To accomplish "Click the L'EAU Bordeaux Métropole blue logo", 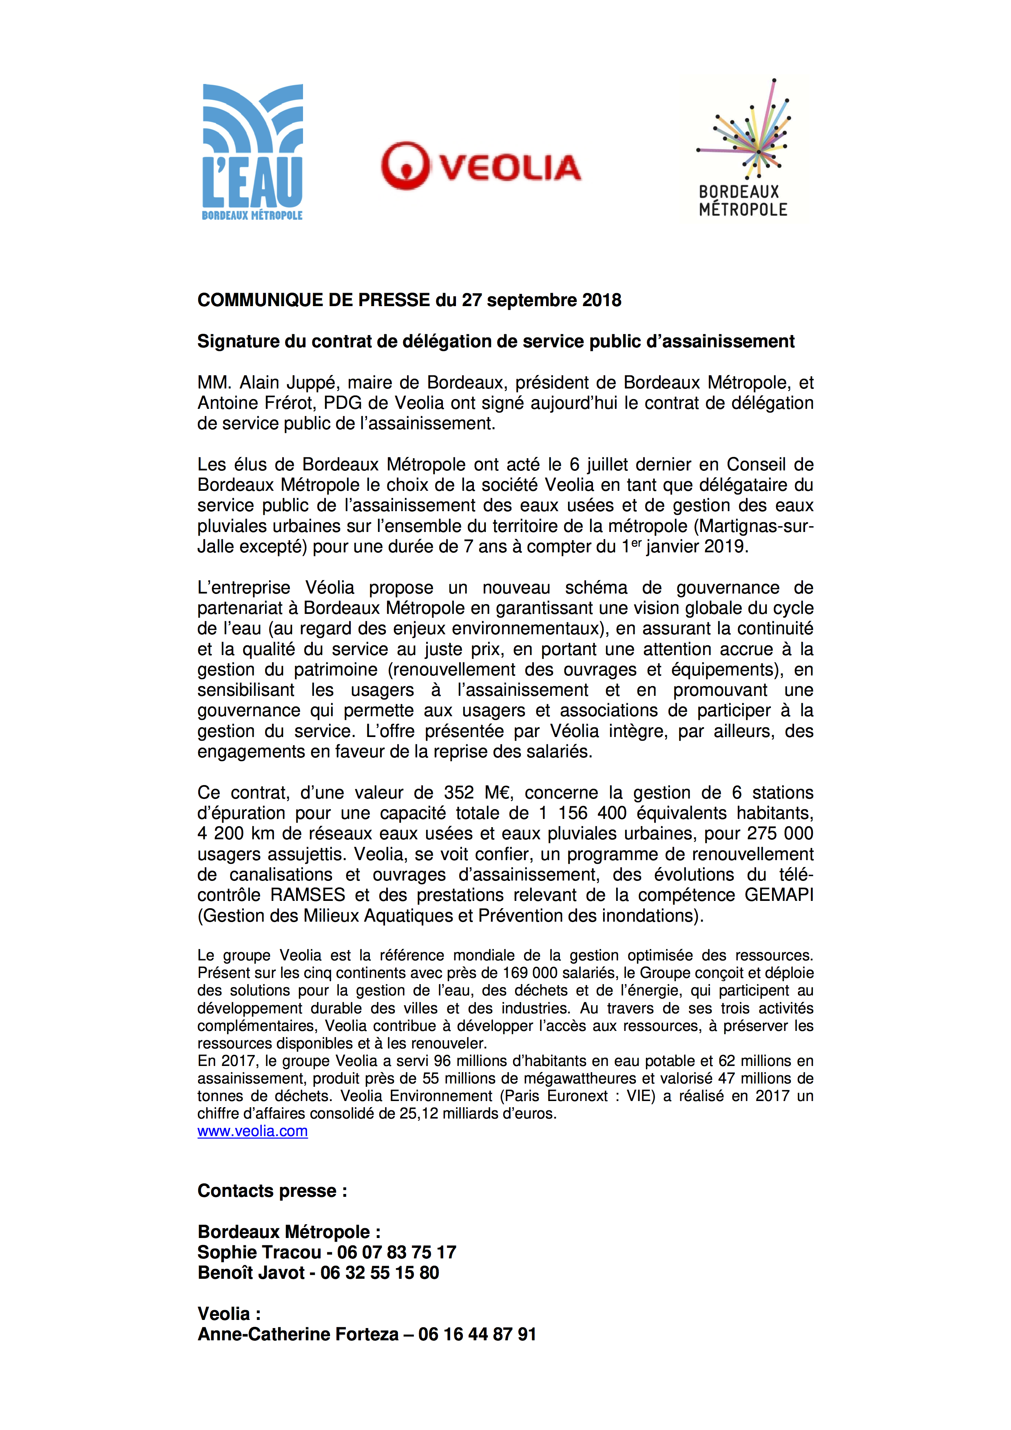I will [x=252, y=152].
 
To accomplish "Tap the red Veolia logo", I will [x=481, y=166].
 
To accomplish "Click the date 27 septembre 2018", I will [x=541, y=300].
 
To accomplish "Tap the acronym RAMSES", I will [x=308, y=895].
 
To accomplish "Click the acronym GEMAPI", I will [x=779, y=895].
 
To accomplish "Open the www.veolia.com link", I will [x=252, y=1131].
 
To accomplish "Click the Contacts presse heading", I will [x=272, y=1191].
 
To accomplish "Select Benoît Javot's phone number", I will [x=379, y=1272].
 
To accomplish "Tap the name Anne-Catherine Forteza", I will [x=298, y=1334].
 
